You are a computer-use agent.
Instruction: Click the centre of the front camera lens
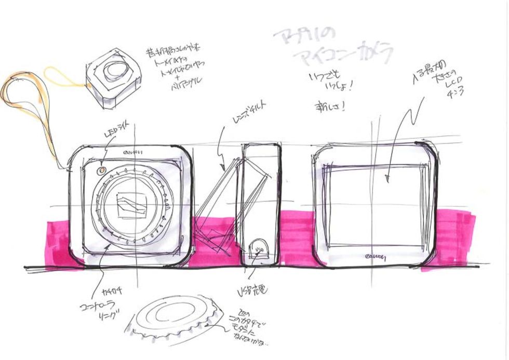pyautogui.click(x=131, y=205)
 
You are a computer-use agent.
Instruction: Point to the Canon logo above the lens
pyautogui.click(x=131, y=152)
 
